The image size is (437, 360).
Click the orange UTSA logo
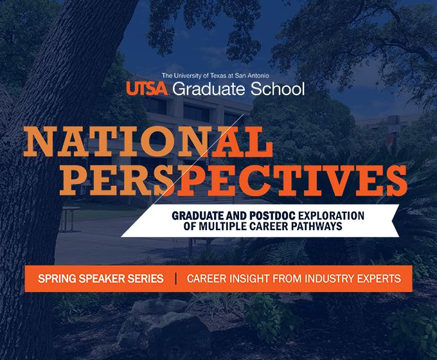[x=147, y=89]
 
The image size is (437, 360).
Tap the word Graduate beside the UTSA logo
[x=209, y=89]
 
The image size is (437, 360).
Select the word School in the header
[x=278, y=89]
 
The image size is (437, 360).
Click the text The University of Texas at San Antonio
[x=215, y=76]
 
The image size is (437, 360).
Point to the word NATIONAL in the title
[x=148, y=141]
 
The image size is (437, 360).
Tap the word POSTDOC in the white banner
[x=272, y=215]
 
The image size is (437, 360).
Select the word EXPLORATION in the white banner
[x=331, y=215]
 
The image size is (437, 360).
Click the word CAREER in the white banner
[x=269, y=226]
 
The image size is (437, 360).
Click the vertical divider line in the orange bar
[x=175, y=278]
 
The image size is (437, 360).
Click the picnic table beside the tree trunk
[x=68, y=219]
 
